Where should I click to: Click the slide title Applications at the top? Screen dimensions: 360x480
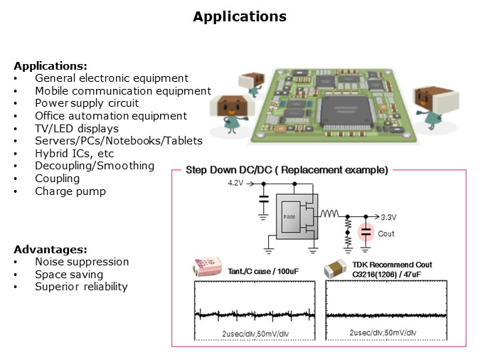tap(240, 16)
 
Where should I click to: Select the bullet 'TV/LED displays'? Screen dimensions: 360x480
tap(77, 128)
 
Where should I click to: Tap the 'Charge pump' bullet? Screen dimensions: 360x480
tap(70, 191)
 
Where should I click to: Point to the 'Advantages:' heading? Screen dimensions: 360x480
tap(50, 250)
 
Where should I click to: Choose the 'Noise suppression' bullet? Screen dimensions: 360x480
tap(82, 262)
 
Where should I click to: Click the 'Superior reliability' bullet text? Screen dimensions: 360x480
tap(81, 287)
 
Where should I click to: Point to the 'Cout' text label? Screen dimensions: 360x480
tap(386, 233)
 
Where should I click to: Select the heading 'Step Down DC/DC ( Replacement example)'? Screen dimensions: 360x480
tap(286, 170)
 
